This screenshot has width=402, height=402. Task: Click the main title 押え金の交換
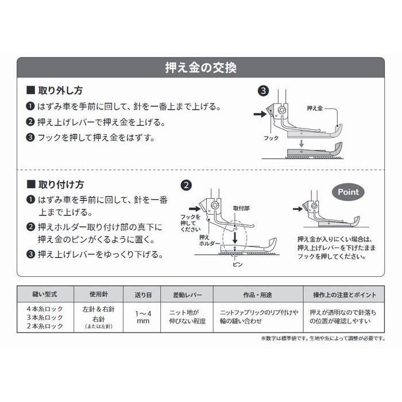[200, 68]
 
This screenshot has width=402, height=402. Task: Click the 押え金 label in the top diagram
[315, 107]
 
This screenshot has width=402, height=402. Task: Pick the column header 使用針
[95, 295]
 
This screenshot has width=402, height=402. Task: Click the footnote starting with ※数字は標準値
[323, 338]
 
